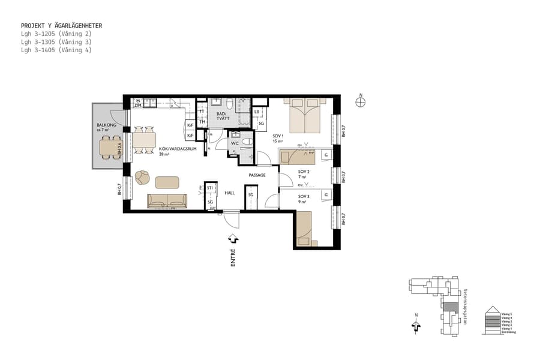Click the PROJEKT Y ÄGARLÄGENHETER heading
point(61,26)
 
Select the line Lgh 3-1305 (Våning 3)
point(56,42)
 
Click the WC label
point(235,143)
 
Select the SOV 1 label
point(277,136)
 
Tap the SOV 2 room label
point(304,172)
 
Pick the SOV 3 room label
point(304,196)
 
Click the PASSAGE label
point(257,175)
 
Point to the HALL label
point(229,193)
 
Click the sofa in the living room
point(167,201)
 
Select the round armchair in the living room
point(142,177)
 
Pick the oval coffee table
point(167,182)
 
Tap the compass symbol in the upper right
point(360,102)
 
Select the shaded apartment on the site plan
point(449,307)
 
